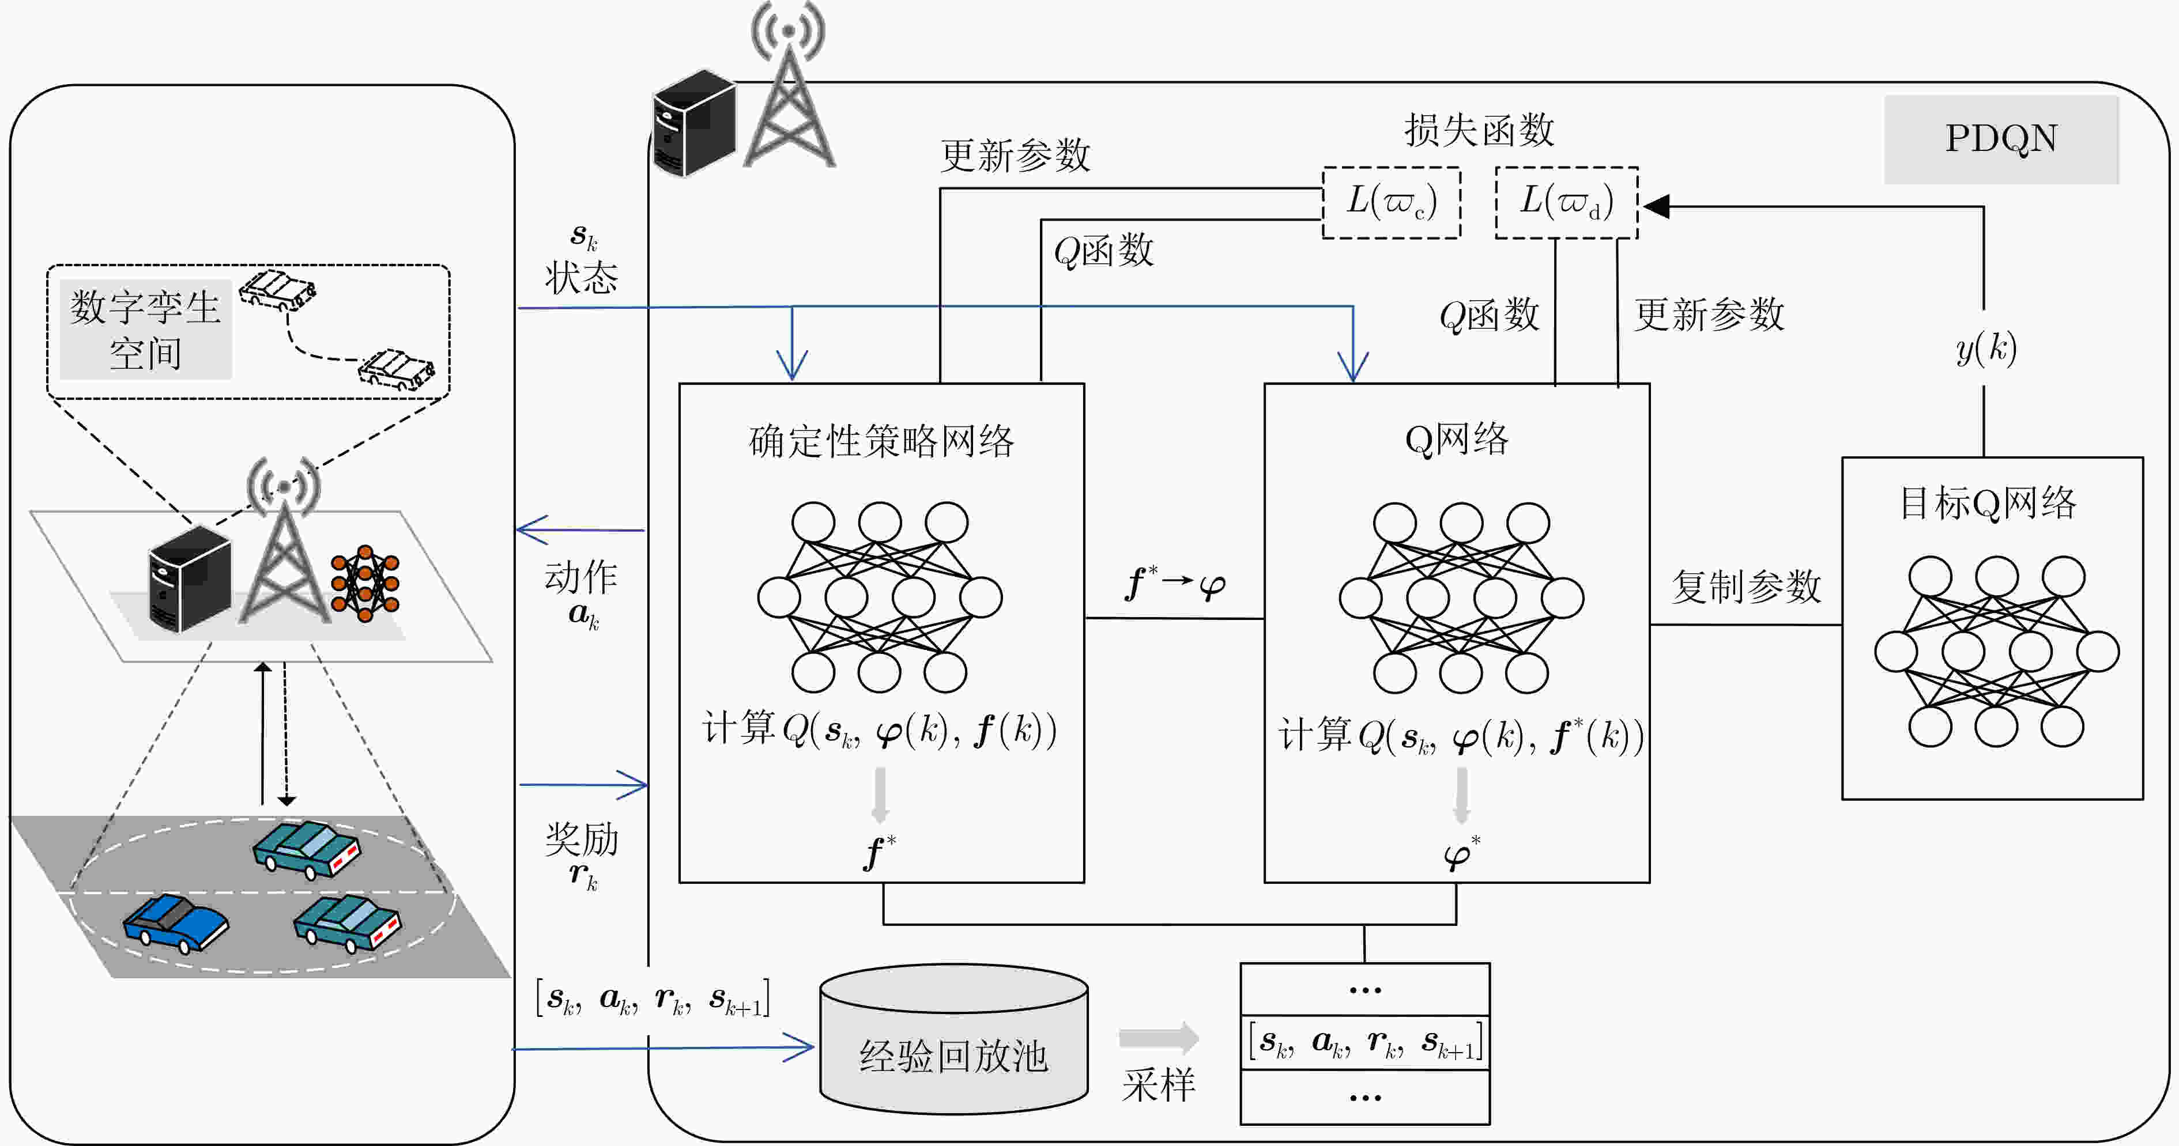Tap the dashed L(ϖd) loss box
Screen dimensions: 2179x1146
[1567, 203]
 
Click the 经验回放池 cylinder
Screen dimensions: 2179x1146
[953, 1039]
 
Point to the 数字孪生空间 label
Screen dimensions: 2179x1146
[145, 330]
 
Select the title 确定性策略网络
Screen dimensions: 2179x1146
[881, 441]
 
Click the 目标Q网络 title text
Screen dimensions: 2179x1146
[1988, 503]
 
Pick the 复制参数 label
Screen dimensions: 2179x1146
[1746, 586]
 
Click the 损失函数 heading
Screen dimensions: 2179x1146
[1479, 130]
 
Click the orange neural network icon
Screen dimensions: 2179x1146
[365, 584]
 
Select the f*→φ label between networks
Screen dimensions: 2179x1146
[1176, 584]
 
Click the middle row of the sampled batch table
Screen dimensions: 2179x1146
[1365, 1043]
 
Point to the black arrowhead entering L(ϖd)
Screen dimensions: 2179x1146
[1654, 206]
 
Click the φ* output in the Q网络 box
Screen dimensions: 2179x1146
[1461, 853]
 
